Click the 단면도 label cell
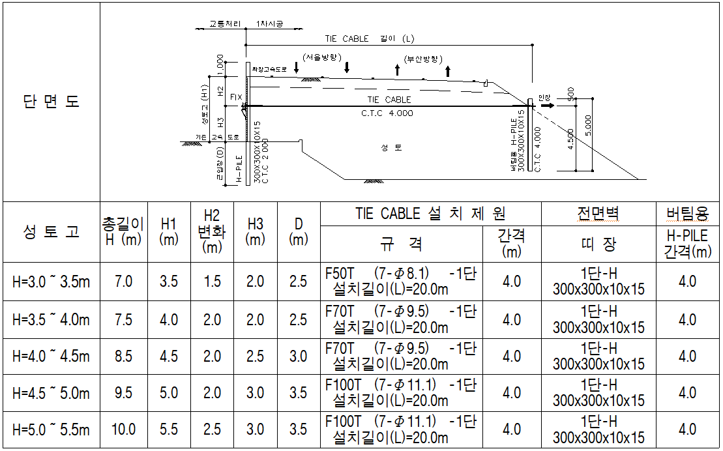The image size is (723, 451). point(52,102)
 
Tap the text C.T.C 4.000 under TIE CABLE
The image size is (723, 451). point(387,113)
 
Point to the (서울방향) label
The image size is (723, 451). point(322,57)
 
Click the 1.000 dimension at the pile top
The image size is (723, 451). point(220,65)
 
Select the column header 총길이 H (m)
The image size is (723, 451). point(123,231)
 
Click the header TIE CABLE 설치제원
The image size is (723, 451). point(430,213)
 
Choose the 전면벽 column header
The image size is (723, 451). point(598,213)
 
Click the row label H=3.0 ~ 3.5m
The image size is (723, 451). point(52,282)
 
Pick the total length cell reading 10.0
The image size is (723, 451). point(123,429)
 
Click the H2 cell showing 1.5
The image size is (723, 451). point(212,282)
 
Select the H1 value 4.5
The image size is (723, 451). point(169,356)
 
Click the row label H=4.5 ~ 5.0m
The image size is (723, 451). point(52,393)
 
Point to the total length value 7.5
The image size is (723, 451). point(123,319)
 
